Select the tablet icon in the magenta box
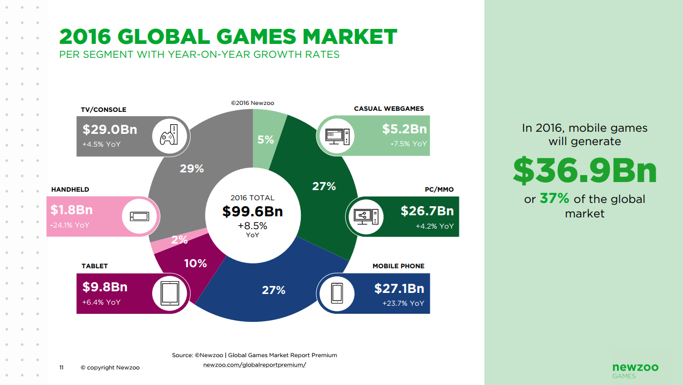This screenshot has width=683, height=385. [x=169, y=293]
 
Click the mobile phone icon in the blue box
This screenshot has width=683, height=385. [x=336, y=293]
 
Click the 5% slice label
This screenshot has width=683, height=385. [x=265, y=140]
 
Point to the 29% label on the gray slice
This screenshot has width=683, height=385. [x=192, y=169]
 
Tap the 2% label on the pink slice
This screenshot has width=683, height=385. [x=179, y=240]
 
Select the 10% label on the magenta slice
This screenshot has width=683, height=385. [x=195, y=263]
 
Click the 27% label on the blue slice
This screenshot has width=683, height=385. [x=274, y=290]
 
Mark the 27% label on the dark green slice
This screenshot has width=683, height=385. [x=324, y=186]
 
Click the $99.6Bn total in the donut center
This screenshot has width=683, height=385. [x=252, y=212]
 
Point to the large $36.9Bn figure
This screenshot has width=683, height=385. [x=585, y=170]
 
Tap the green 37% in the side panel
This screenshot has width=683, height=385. [x=554, y=199]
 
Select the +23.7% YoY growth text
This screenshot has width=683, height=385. [x=403, y=303]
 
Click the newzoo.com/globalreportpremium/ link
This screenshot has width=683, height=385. [x=254, y=365]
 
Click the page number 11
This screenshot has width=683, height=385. [x=62, y=367]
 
